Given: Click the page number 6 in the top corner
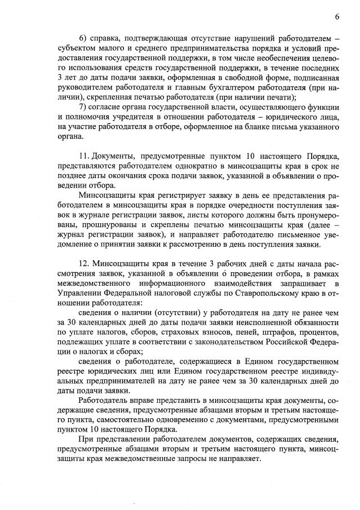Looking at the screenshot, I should (x=336, y=17).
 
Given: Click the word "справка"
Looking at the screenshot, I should (x=110, y=38).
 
